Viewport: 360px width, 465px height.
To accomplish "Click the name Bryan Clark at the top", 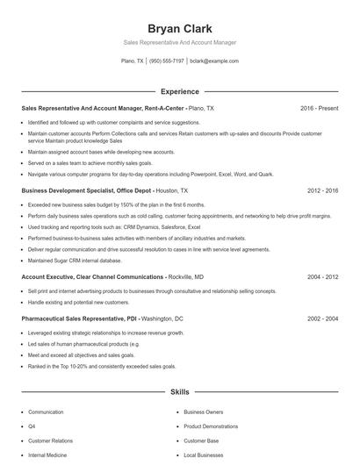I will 180,28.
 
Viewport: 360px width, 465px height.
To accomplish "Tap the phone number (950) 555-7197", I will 167,61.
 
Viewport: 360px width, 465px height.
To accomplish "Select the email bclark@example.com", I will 214,61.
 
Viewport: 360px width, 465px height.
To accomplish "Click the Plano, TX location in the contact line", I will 133,61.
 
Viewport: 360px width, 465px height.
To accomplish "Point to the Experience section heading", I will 180,91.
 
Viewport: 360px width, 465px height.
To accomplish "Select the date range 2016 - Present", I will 319,108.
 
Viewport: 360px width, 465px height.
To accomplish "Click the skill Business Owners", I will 204,411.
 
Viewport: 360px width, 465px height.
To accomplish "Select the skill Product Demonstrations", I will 212,426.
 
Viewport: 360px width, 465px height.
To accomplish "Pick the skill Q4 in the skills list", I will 32,426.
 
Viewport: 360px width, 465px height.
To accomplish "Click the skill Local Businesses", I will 204,455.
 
